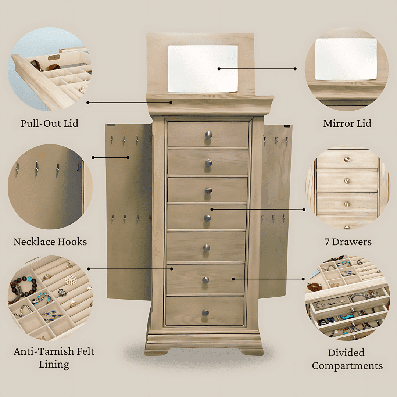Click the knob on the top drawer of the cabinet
[x=209, y=135]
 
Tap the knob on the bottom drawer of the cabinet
[x=205, y=313]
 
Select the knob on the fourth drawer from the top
[x=208, y=218]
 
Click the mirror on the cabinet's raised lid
[x=203, y=69]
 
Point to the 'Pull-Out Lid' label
[x=50, y=123]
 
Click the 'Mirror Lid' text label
[x=347, y=123]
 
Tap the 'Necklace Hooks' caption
[x=50, y=242]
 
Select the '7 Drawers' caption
[x=348, y=242]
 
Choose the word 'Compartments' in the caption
[x=347, y=366]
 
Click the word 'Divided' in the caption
[x=346, y=353]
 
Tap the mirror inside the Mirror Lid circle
[x=346, y=59]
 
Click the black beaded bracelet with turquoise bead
[x=24, y=287]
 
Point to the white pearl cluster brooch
[x=70, y=280]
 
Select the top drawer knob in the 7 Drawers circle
[x=347, y=160]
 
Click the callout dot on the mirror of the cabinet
[x=219, y=69]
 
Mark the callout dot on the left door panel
[x=128, y=157]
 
